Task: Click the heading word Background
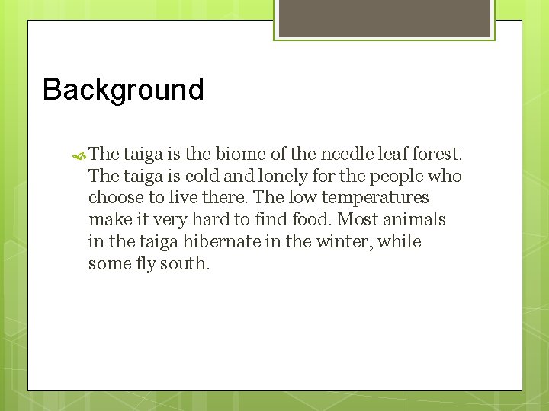124,90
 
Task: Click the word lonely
280,176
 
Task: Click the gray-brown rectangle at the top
384,18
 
